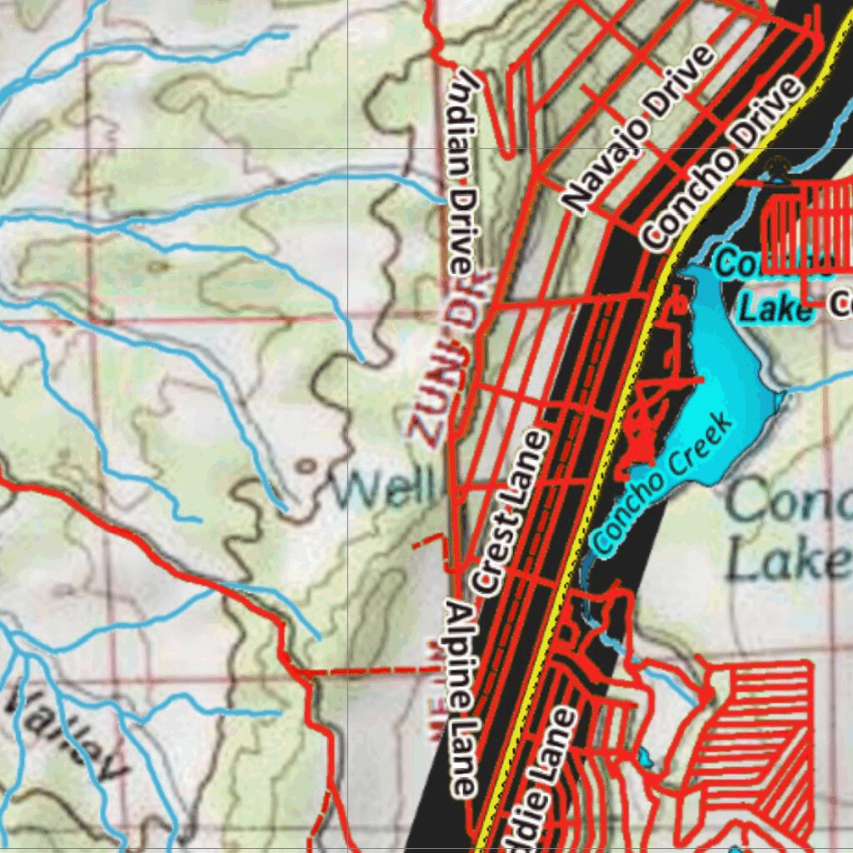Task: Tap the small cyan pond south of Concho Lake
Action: [645, 759]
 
